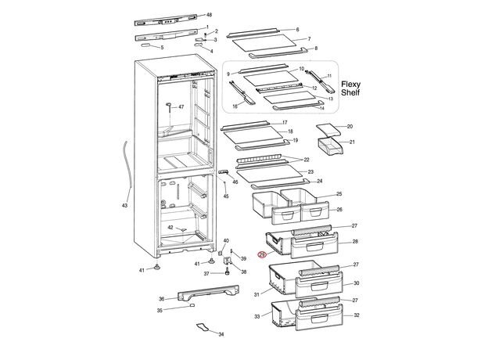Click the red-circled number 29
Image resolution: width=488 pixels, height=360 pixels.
pos(263,254)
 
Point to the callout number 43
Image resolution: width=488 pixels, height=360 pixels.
pos(124,206)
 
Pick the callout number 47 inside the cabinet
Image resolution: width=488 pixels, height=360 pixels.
pos(181,106)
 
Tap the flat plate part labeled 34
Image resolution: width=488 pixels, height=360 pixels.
pos(204,328)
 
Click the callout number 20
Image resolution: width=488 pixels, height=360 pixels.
pos(350,126)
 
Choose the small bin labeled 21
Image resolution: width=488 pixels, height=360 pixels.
pos(331,146)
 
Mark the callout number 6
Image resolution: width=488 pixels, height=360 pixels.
pos(298,30)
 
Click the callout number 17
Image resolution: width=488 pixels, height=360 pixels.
pos(284,123)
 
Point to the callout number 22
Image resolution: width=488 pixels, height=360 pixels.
pos(285,160)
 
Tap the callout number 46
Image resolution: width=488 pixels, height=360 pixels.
pos(235,182)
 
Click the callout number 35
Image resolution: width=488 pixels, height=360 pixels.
pos(160,311)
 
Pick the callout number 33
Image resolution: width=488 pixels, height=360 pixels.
pos(257,316)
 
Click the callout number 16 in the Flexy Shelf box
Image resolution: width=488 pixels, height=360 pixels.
pos(234,106)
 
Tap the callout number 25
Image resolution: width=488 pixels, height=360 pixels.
pos(339,193)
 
